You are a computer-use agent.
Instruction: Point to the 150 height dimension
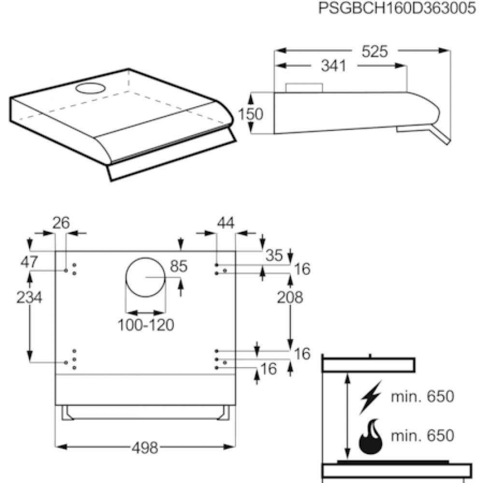tap(250, 114)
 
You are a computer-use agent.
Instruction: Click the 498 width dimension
tap(145, 448)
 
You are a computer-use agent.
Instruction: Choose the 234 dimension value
tap(29, 298)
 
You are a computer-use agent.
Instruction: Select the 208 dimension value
tap(290, 298)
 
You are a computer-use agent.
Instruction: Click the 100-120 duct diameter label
tap(145, 325)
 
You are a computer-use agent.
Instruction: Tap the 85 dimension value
tap(178, 266)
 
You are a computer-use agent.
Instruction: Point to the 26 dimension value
tap(61, 223)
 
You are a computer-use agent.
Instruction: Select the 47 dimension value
tap(29, 262)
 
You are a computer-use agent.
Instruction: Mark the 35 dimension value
tap(274, 256)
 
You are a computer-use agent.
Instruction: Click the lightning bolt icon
tap(371, 398)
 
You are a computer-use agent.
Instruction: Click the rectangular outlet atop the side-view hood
tap(304, 87)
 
